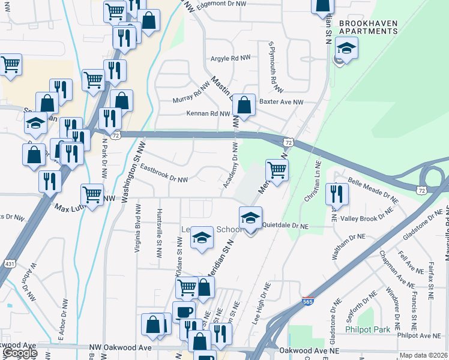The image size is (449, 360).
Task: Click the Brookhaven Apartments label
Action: (368, 28)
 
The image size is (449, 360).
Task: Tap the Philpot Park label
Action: (367, 329)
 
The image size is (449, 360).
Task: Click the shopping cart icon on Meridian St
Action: (277, 170)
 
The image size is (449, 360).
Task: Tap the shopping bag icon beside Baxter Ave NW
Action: (244, 105)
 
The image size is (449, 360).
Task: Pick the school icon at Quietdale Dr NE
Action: (251, 218)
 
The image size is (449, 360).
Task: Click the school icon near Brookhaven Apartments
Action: (346, 48)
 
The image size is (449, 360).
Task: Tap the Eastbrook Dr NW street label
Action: (164, 179)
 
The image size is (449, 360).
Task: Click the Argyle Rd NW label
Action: (231, 59)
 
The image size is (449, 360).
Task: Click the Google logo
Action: (20, 353)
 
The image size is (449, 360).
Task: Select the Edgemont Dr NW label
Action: (217, 4)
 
